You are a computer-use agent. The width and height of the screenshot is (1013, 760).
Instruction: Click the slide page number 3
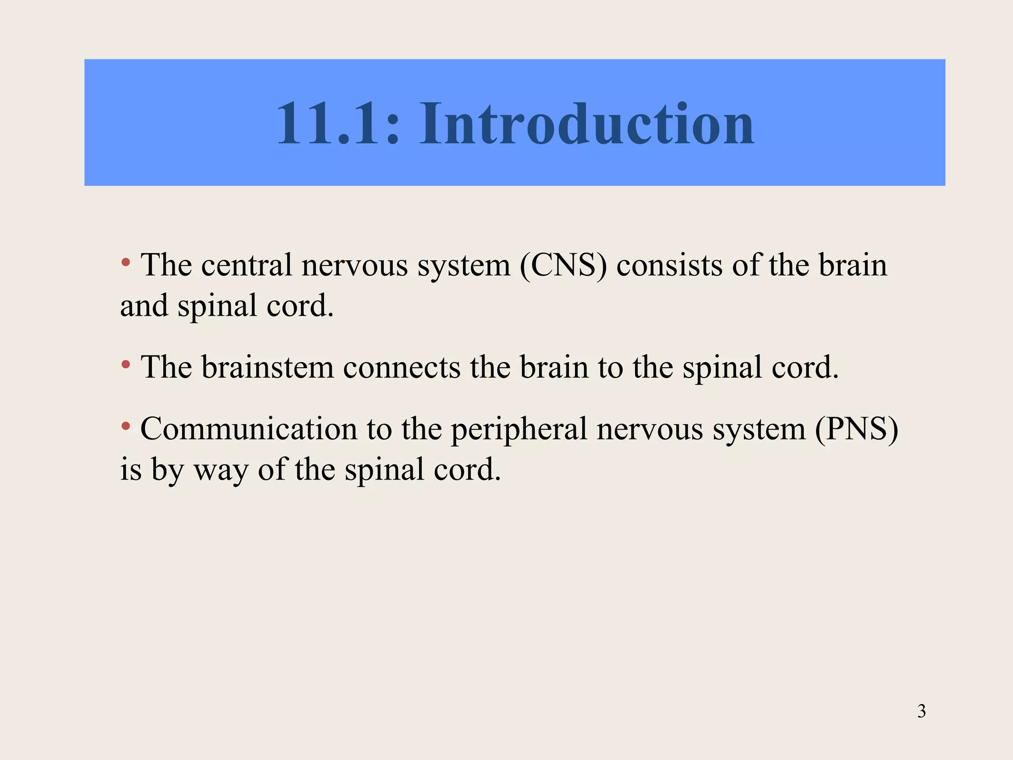coord(921,712)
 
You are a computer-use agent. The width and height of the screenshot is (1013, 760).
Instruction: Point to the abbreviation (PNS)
coord(856,428)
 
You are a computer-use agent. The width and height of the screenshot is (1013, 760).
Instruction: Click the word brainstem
coord(268,368)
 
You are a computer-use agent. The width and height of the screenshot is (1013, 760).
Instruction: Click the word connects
coord(402,368)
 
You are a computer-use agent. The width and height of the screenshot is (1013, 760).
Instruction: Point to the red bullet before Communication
coord(126,426)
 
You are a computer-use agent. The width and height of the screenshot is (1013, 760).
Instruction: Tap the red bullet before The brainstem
coord(126,365)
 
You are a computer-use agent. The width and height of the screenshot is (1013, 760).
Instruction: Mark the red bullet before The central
coord(126,262)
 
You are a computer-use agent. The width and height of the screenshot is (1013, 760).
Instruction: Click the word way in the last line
coord(221,471)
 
